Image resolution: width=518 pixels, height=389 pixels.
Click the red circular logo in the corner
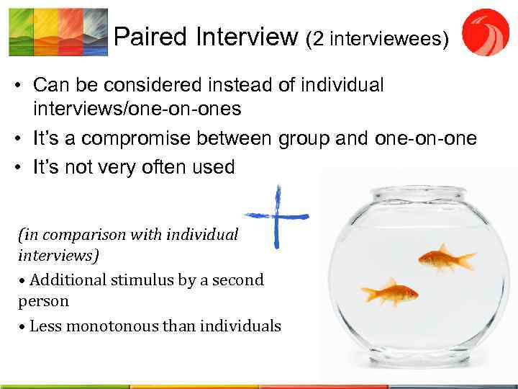click(485, 32)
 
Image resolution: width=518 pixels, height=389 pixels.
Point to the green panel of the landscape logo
click(21, 32)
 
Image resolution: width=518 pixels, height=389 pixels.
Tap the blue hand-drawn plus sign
click(278, 215)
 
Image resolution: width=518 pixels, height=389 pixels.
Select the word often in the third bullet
click(153, 168)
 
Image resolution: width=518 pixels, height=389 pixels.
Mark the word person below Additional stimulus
click(43, 300)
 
